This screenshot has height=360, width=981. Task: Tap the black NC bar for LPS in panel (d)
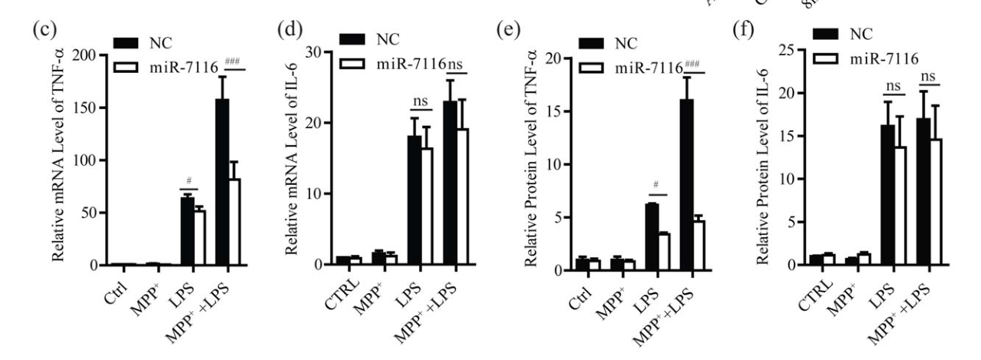[x=415, y=200]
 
